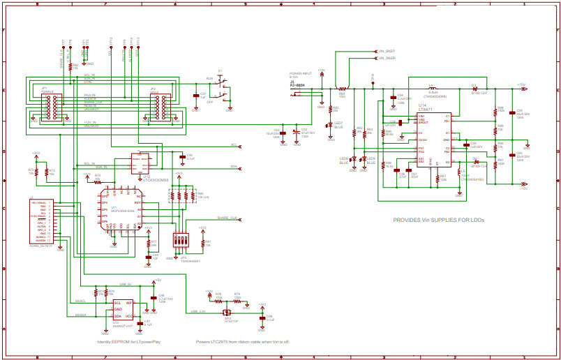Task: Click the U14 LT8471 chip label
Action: (x=426, y=107)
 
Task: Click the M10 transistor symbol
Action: (x=227, y=311)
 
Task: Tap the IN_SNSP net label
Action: (x=387, y=51)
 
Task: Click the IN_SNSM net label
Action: (x=387, y=59)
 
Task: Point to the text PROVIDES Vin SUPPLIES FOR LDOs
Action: (x=438, y=220)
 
